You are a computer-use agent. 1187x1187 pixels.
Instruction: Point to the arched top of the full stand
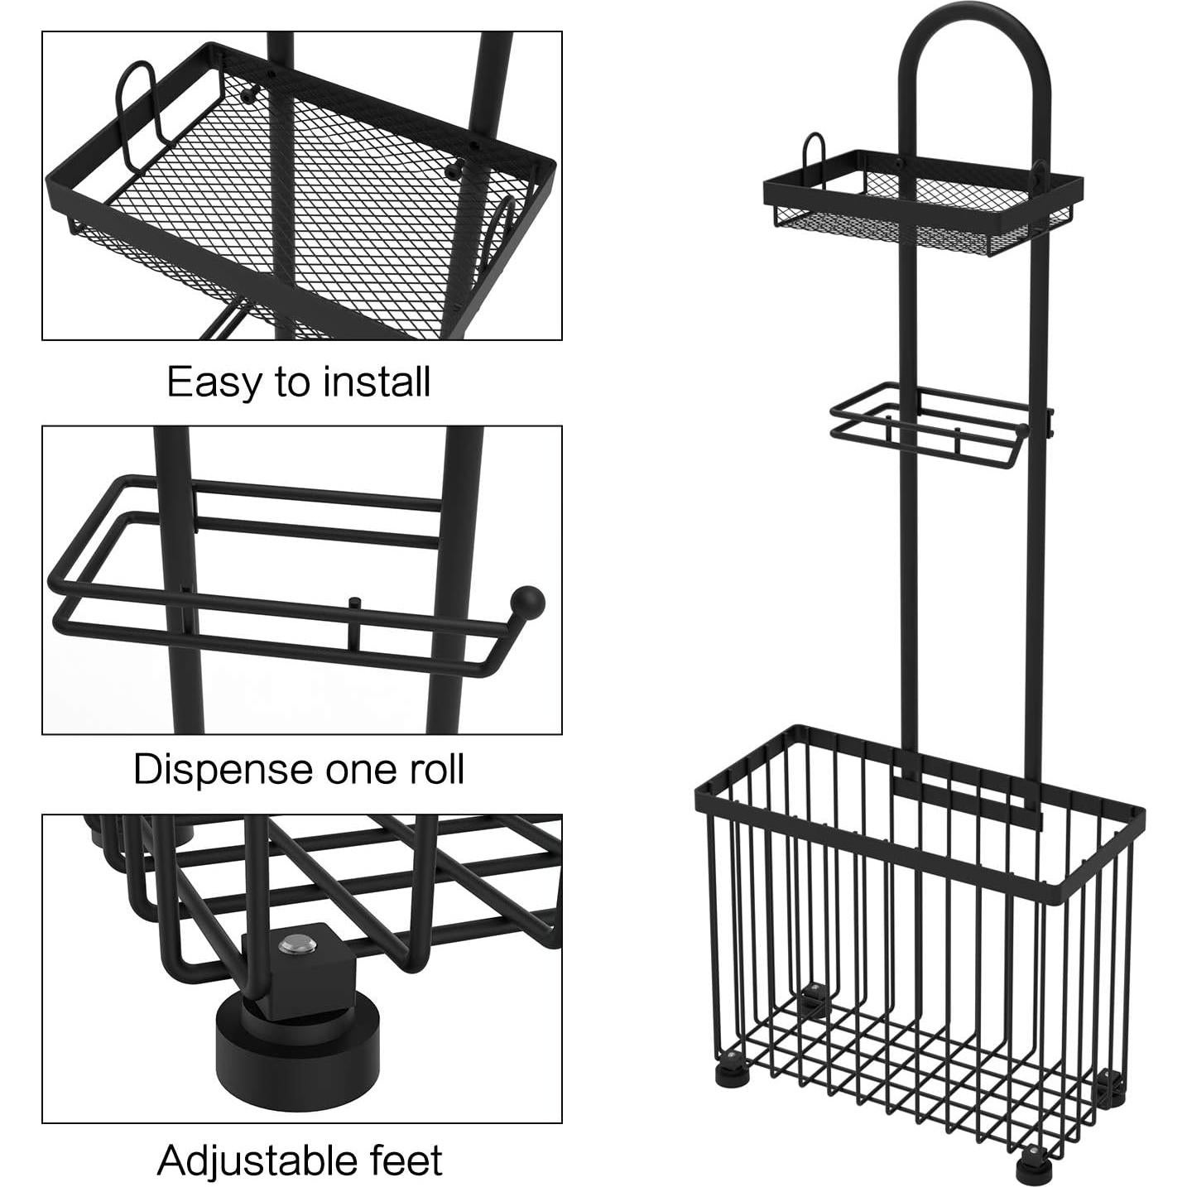click(973, 33)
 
